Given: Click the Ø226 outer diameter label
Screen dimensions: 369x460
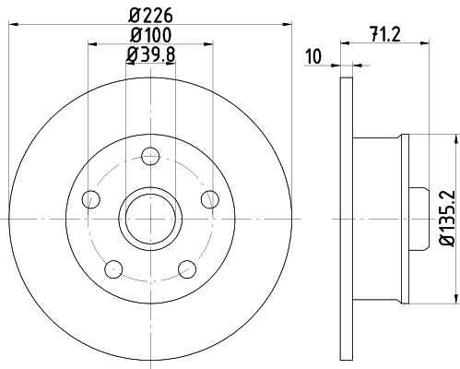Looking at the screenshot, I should [151, 15].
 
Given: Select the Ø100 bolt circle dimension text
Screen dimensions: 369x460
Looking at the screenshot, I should [150, 36].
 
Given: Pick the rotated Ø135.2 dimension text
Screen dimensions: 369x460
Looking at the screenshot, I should [446, 217].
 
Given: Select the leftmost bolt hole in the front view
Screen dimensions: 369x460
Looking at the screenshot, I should [90, 198].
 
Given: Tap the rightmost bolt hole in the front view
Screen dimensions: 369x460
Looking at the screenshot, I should [210, 198].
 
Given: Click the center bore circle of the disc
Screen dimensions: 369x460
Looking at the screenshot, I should [150, 218].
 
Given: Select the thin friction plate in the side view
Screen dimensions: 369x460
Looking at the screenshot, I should [347, 218].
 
